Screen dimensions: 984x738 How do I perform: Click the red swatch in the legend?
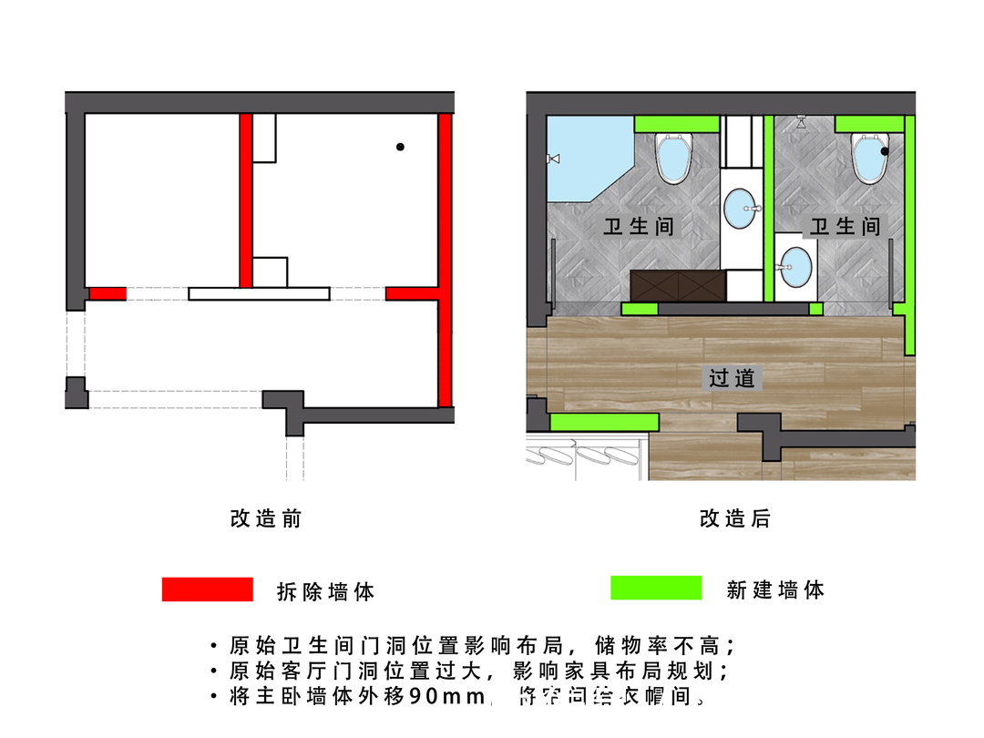[x=207, y=589]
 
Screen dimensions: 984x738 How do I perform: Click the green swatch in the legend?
[x=655, y=588]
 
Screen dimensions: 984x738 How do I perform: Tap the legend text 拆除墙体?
[x=325, y=591]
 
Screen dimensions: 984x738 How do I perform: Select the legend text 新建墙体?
[x=775, y=589]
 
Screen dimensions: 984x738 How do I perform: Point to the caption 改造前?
[x=265, y=519]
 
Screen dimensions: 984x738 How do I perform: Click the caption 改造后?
[x=734, y=519]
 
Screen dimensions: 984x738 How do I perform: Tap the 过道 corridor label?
[x=733, y=377]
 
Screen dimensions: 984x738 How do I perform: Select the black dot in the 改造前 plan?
[x=400, y=147]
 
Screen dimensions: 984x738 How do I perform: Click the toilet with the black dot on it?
[x=871, y=157]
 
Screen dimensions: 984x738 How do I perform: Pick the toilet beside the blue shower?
[x=675, y=157]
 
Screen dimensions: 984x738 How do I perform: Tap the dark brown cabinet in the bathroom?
[x=678, y=285]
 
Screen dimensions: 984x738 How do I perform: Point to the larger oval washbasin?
[x=744, y=208]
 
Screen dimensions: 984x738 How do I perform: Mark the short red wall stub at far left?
[x=108, y=293]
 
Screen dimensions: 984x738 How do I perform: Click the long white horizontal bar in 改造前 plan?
[x=259, y=293]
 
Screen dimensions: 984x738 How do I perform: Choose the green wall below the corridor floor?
[x=604, y=421]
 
